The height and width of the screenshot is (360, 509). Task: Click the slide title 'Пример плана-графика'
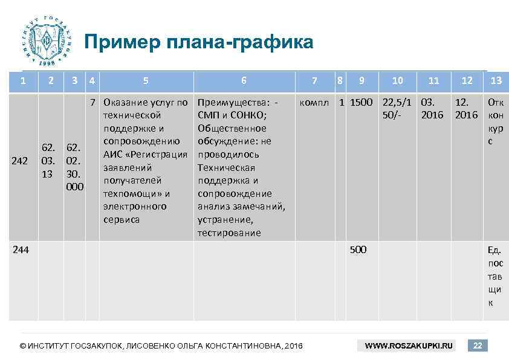[x=199, y=43]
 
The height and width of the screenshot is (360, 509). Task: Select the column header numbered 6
[x=244, y=80]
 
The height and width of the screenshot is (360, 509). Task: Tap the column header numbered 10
[x=397, y=80]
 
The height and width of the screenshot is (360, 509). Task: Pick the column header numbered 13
[x=496, y=80]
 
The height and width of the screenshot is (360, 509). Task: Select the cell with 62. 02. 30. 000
[x=75, y=167]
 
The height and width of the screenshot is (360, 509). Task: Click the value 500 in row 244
[x=358, y=249]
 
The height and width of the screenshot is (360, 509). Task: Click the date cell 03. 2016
[x=432, y=108]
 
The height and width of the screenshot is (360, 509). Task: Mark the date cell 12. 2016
[x=466, y=108]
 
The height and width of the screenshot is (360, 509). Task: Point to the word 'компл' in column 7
[x=314, y=102]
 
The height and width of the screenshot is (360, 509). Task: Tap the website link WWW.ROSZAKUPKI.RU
[x=409, y=346]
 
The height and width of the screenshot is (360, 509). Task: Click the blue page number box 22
[x=477, y=346]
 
